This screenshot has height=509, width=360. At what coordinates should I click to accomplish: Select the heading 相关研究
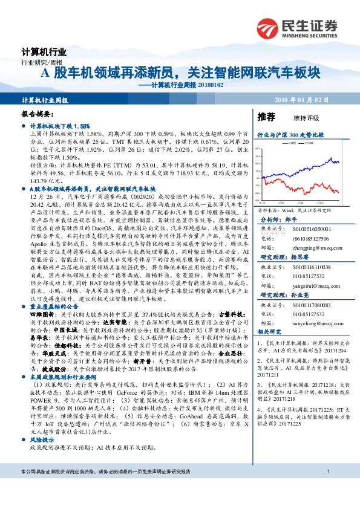tap(269, 332)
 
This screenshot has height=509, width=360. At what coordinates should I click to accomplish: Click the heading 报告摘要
tap(36, 114)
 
